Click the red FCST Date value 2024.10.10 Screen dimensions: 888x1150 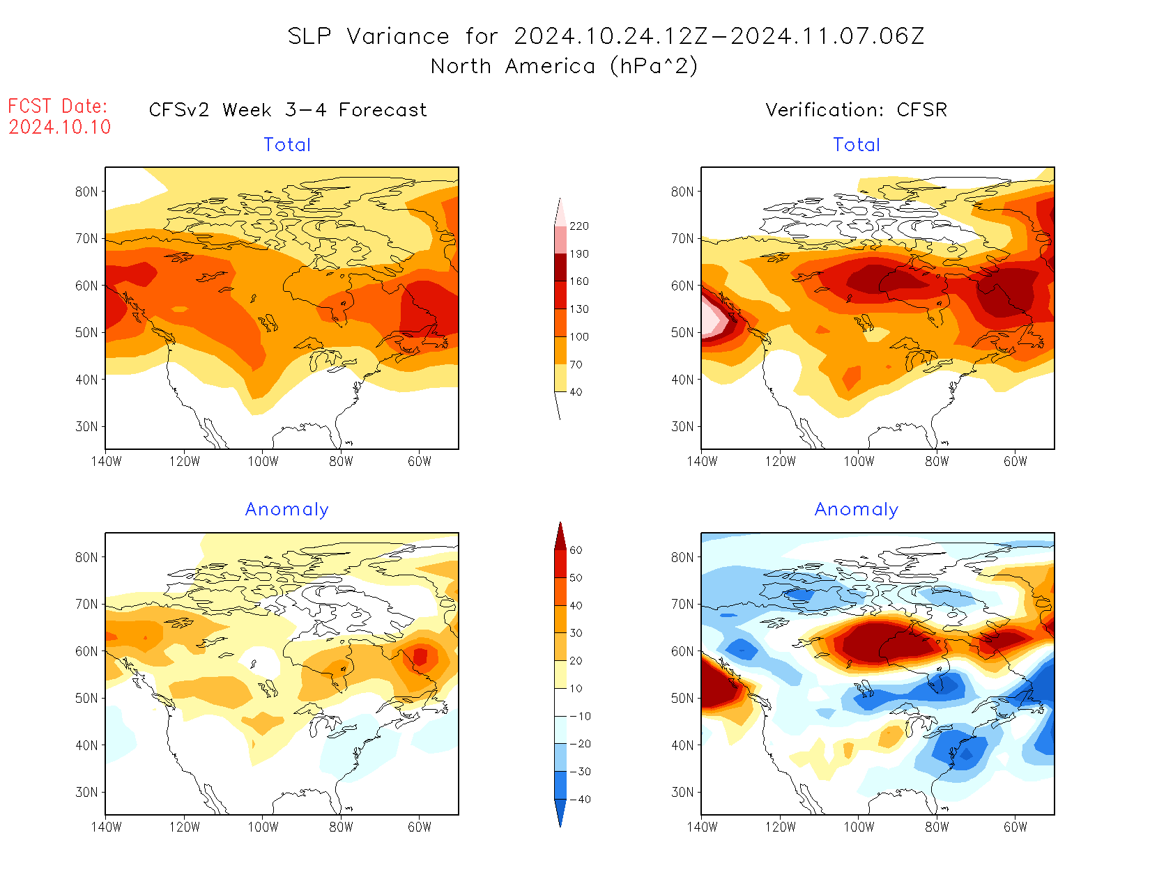pyautogui.click(x=60, y=127)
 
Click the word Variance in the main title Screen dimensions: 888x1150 pyautogui.click(x=398, y=36)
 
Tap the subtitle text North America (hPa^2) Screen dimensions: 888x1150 pyautogui.click(x=564, y=66)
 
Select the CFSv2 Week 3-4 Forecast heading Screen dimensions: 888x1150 pyautogui.click(x=288, y=110)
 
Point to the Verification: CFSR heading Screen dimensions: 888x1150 pyautogui.click(x=856, y=110)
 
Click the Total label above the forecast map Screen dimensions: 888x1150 pyautogui.click(x=287, y=145)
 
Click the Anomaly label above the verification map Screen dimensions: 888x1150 pyautogui.click(x=856, y=510)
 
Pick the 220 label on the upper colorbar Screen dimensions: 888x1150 pyautogui.click(x=578, y=226)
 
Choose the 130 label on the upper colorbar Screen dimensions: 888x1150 pyautogui.click(x=578, y=309)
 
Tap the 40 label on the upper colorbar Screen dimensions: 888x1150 pyautogui.click(x=576, y=392)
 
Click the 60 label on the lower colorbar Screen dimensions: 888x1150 pyautogui.click(x=576, y=550)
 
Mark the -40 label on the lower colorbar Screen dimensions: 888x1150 pyautogui.click(x=580, y=800)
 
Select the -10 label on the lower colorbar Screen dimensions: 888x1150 pyautogui.click(x=580, y=716)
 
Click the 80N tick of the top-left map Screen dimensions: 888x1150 pyautogui.click(x=86, y=192)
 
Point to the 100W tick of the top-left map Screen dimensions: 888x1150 pyautogui.click(x=263, y=461)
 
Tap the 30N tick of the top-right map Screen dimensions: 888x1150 pyautogui.click(x=682, y=426)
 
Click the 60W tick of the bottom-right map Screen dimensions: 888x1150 pyautogui.click(x=1015, y=827)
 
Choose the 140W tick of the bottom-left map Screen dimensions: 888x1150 pyautogui.click(x=106, y=827)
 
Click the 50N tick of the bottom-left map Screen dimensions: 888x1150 pyautogui.click(x=86, y=699)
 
